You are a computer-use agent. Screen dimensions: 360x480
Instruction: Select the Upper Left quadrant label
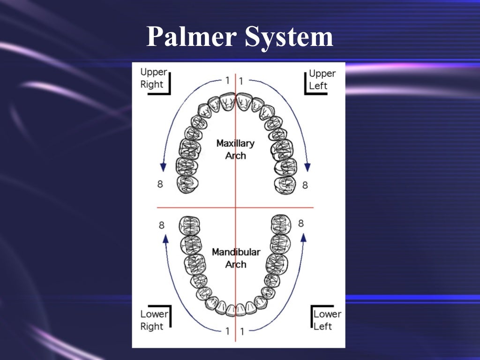[x=322, y=80]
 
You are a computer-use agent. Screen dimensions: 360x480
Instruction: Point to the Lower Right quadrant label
[x=152, y=320]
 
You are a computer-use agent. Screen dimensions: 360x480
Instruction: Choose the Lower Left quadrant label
[x=326, y=320]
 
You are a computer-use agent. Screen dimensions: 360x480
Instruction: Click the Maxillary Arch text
[x=235, y=149]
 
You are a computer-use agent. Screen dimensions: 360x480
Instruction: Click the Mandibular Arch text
[x=236, y=258]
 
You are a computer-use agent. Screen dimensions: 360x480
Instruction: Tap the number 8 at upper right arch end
[x=160, y=184]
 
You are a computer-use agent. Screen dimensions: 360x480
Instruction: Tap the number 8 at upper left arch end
[x=305, y=185]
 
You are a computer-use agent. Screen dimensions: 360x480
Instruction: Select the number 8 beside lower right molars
[x=161, y=225]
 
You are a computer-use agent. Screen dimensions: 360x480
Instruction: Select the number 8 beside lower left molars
[x=301, y=224]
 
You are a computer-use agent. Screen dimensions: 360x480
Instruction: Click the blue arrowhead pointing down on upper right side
[x=163, y=166]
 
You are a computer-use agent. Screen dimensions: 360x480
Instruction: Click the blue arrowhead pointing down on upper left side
[x=308, y=166]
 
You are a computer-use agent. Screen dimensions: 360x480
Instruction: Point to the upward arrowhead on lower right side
[x=165, y=239]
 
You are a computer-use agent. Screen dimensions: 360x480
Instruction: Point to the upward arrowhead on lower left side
[x=303, y=237]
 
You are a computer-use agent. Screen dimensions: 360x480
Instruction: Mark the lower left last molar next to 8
[x=281, y=224]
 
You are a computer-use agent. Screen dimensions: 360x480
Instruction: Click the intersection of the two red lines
[x=235, y=207]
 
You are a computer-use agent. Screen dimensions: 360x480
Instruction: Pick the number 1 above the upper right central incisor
[x=227, y=80]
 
